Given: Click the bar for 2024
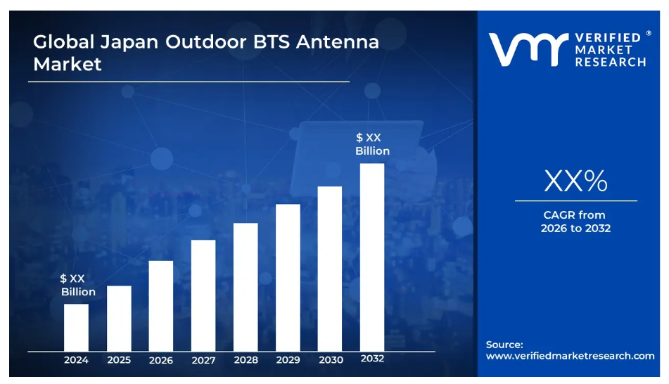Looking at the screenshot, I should (76, 327).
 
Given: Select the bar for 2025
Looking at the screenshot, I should (119, 318).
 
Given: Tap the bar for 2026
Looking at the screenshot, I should (161, 306).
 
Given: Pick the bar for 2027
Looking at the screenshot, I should (203, 295).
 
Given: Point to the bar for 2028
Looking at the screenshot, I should (246, 287).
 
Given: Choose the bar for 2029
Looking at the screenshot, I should (288, 278).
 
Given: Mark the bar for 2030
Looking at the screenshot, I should (330, 269).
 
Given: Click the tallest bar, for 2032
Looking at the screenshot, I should (372, 257).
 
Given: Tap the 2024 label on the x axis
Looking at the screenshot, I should (76, 360).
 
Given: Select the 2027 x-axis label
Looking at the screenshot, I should (203, 360).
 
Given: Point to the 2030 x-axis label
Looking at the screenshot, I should (331, 360).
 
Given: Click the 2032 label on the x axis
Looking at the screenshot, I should (372, 359).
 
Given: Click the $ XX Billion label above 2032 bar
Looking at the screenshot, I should (372, 144).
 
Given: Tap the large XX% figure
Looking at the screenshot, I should (575, 181).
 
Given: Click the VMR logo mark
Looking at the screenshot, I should (528, 50).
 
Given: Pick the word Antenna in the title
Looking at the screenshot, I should (337, 41).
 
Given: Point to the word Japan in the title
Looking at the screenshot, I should (125, 41).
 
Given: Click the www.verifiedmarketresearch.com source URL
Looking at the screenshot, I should (571, 356).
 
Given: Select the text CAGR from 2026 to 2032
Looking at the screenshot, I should (575, 222).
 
